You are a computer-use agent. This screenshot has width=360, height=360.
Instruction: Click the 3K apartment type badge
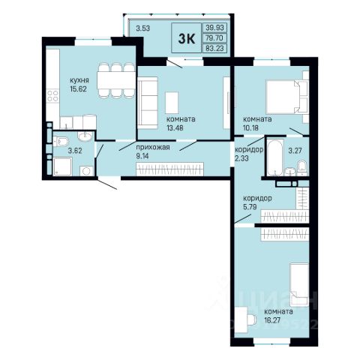coord(186,38)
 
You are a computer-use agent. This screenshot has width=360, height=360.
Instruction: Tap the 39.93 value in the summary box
coord(214,28)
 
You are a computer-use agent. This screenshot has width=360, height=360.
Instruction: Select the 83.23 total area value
coord(214,48)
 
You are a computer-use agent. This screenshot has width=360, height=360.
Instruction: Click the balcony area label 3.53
coord(143,28)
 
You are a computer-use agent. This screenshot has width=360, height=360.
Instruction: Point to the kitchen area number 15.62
coord(79,89)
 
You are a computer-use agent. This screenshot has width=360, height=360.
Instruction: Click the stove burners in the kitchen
coord(52,96)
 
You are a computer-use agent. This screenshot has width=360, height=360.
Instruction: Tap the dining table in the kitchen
coord(116,80)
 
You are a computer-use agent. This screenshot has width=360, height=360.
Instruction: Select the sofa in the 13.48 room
coord(148,103)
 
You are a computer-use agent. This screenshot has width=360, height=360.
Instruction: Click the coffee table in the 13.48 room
coord(172,103)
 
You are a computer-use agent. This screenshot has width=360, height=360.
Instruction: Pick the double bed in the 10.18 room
coord(283,97)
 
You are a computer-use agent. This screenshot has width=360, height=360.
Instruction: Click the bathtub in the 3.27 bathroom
coord(275,157)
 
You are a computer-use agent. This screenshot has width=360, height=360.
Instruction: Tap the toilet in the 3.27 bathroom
coord(302,167)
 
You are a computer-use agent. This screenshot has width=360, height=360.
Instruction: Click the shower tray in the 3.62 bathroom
coord(62,166)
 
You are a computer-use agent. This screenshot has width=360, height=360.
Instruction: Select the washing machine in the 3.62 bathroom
coord(86,171)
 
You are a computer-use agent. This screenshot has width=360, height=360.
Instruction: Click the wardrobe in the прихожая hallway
coord(169,169)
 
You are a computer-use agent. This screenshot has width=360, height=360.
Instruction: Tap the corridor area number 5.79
coord(250,207)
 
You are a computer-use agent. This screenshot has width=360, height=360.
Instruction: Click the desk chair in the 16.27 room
coord(252,319)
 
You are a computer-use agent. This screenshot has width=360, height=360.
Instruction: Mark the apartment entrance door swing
coord(107,184)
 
